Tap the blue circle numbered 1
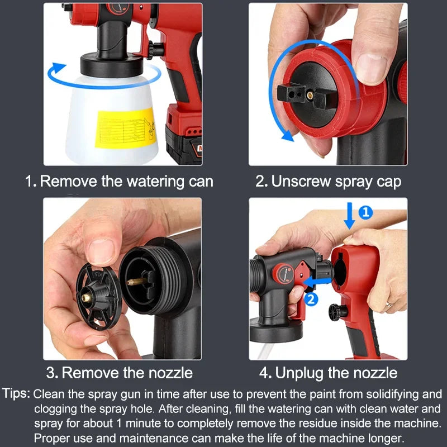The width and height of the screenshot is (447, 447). click(365, 212)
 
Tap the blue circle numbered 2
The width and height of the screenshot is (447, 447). click(312, 299)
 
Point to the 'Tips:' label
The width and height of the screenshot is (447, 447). click(17, 394)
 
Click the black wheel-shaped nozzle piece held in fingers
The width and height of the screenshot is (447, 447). click(99, 296)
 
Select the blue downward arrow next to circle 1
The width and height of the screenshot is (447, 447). click(349, 216)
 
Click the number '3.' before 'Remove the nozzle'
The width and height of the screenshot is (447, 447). click(52, 373)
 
